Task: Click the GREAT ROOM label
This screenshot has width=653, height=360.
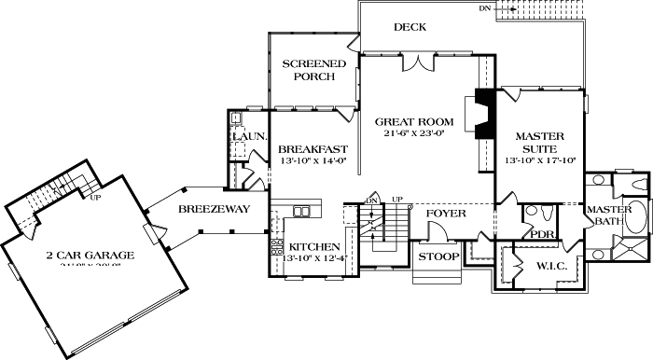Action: [x=414, y=121]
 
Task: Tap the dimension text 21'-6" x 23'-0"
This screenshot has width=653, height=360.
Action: [x=414, y=133]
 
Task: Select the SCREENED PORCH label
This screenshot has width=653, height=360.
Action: [x=313, y=70]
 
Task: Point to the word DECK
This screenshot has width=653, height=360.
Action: [x=410, y=27]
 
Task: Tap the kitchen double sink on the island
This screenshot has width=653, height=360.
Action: [x=300, y=211]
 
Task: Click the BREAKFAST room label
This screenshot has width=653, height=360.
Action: [x=313, y=148]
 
